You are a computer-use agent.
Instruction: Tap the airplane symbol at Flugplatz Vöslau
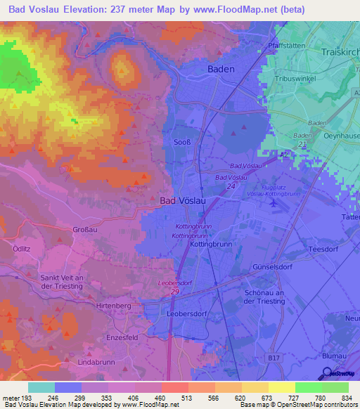coord(274,202)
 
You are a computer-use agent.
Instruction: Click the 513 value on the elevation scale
coord(174,398)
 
